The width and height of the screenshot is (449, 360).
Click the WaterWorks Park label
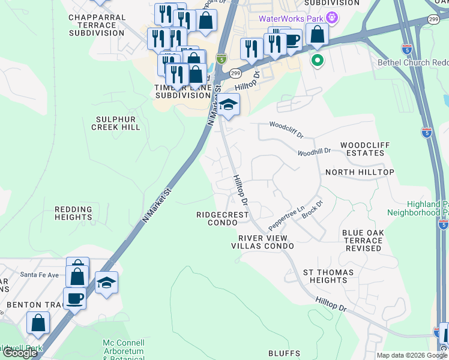tap(291, 18)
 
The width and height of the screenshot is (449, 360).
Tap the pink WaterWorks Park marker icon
tap(334, 18)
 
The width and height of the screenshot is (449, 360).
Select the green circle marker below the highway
tap(316, 60)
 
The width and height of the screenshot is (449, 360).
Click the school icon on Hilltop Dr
tap(228, 105)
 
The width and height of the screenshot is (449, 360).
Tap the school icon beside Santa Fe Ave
tap(106, 283)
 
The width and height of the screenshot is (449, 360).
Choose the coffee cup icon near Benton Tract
tap(74, 298)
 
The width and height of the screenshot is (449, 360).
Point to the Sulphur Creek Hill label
tap(116, 122)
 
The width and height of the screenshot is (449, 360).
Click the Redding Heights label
tap(73, 214)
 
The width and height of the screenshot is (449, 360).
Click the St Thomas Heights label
tap(325, 276)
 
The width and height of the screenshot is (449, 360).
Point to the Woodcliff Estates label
tap(362, 149)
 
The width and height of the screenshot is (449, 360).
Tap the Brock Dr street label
tap(312, 209)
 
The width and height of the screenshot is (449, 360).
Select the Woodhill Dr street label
tap(315, 152)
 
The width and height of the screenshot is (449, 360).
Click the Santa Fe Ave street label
tap(40, 274)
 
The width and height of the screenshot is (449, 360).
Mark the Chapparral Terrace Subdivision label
tap(96, 26)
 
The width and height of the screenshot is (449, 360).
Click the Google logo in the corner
tap(20, 353)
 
